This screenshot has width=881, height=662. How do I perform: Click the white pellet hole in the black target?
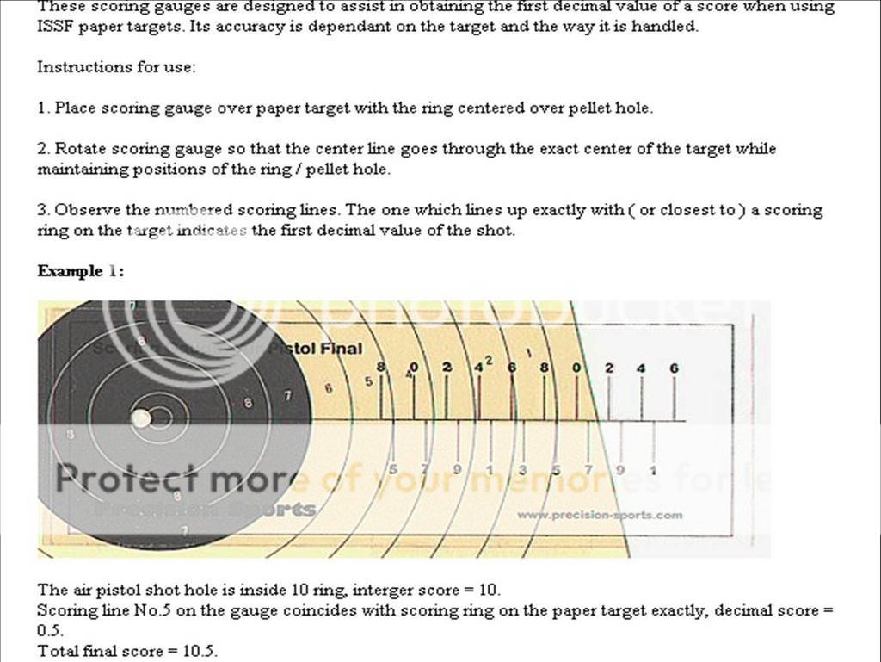coord(140,418)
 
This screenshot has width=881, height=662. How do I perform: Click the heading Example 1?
coord(80,271)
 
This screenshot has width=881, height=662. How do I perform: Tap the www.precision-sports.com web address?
coord(600,515)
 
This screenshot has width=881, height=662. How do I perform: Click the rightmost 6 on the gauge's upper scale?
coord(674,368)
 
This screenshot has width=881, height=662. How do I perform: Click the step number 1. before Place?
coord(44,108)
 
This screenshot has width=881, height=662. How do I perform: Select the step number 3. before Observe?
coord(44,210)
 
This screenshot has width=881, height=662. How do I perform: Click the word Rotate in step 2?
coord(80,149)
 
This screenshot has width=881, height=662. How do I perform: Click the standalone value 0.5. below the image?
coord(50,630)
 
